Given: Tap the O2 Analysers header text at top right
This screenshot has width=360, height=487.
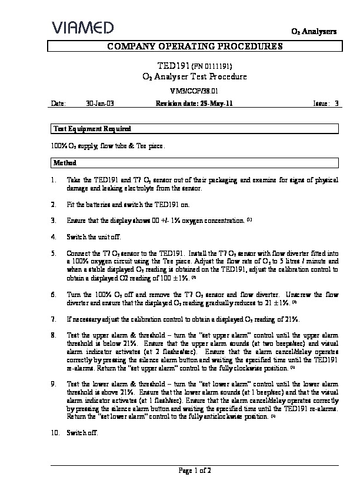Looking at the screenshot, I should click(314, 31).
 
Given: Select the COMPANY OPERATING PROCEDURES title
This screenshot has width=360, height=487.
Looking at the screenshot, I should click(195, 46).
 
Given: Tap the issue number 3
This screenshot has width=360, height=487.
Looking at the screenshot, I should click(336, 103).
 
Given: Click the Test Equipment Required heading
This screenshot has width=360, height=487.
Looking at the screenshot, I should click(92, 128).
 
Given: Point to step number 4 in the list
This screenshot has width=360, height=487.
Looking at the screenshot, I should click(54, 237).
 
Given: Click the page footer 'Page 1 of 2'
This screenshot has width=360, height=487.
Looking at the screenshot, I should click(195, 471).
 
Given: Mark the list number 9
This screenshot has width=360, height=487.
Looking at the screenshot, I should click(54, 383).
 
